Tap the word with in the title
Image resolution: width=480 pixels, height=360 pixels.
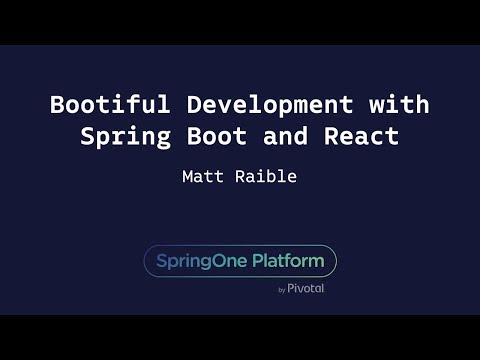(399, 104)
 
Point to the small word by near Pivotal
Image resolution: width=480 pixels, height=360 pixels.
(282, 290)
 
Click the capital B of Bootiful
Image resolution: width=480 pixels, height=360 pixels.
(57, 104)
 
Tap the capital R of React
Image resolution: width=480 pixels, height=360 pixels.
(332, 137)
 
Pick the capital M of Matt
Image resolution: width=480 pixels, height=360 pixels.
(187, 177)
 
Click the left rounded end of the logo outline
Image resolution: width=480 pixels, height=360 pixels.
(145, 261)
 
